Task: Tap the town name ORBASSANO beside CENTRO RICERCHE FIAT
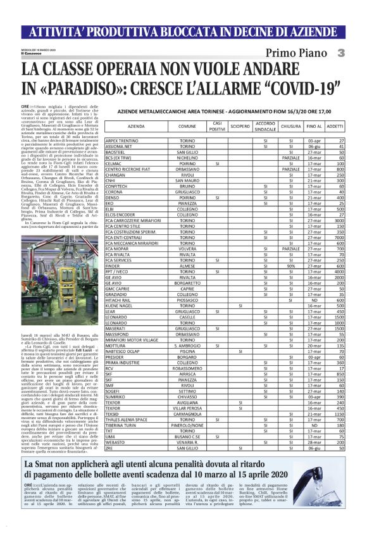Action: click(x=187, y=169)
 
